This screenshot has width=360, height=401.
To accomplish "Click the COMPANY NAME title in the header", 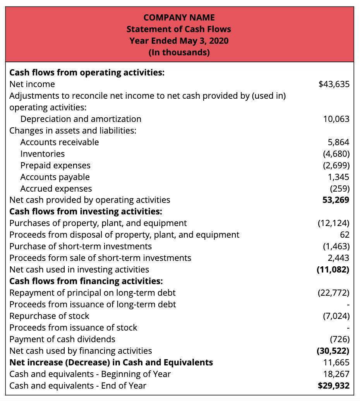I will point(179,17).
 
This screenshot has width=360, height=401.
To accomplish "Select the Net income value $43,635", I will point(334,84).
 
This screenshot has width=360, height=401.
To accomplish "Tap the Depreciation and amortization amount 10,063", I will point(336,119).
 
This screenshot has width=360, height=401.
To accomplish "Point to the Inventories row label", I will point(43,154).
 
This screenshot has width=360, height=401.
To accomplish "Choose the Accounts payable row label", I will point(55,177).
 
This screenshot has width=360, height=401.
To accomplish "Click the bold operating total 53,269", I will point(336,200).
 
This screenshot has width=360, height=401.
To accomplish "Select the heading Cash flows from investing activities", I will point(86,211).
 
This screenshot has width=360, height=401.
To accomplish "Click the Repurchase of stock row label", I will point(49,316).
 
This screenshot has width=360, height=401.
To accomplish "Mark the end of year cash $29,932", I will point(333,386).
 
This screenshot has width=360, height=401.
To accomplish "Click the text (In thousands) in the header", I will point(179,52).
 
